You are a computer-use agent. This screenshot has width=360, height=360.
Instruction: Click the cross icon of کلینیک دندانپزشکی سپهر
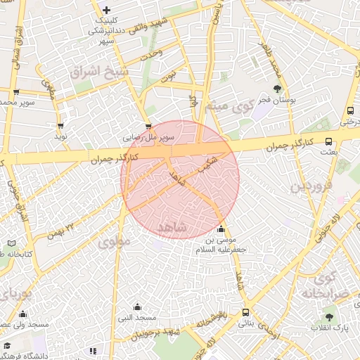(106, 10)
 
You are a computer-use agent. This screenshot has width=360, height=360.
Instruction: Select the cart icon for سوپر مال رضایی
(148, 127)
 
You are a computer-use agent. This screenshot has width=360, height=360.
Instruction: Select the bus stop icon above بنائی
(245, 313)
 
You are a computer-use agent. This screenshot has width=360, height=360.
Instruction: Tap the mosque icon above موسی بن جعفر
(221, 229)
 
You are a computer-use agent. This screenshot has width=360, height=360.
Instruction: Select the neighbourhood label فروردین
(311, 186)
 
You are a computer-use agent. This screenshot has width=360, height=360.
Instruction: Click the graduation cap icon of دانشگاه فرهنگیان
(8, 347)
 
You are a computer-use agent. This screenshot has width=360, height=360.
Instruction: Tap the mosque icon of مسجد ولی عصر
(23, 314)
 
